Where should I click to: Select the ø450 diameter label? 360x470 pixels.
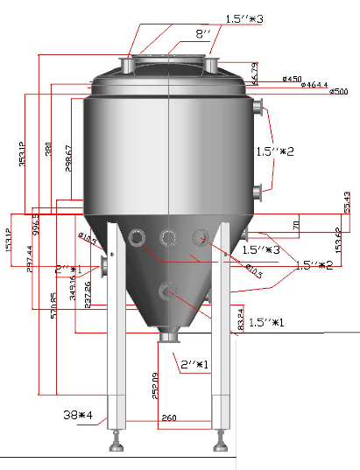pyautogui.click(x=293, y=79)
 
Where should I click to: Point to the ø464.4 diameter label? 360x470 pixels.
pyautogui.click(x=314, y=85)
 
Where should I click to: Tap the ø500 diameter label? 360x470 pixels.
pyautogui.click(x=338, y=92)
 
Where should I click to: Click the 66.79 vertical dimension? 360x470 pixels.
pyautogui.click(x=255, y=73)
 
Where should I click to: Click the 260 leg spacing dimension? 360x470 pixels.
pyautogui.click(x=169, y=418)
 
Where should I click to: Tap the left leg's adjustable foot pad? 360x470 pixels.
pyautogui.click(x=116, y=447)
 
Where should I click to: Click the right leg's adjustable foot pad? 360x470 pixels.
pyautogui.click(x=220, y=447)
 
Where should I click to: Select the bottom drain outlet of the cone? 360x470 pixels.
pyautogui.click(x=168, y=337)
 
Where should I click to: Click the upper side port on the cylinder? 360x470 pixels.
pyautogui.click(x=258, y=108)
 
